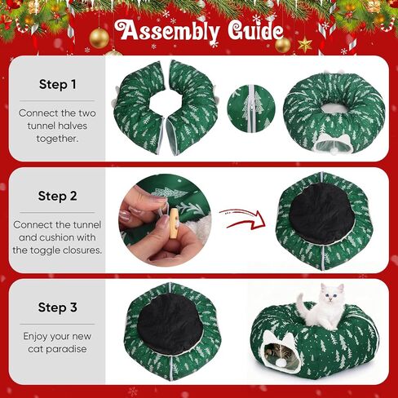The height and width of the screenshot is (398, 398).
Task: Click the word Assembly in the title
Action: [x=167, y=31]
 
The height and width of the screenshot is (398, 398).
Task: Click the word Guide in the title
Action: [x=255, y=30]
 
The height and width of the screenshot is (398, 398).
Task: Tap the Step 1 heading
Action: [x=57, y=84]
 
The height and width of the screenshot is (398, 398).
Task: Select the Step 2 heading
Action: [x=57, y=196]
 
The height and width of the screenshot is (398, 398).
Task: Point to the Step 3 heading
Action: [x=57, y=307]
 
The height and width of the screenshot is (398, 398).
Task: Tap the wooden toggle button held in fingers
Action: [x=173, y=223]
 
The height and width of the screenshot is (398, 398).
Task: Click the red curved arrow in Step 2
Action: [x=243, y=219]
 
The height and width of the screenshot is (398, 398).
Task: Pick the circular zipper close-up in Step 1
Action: [x=251, y=108]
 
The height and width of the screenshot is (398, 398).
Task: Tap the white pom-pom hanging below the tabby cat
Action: [x=280, y=362]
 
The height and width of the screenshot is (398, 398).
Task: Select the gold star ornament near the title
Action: [x=305, y=45]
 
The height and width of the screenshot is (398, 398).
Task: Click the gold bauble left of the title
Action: [x=99, y=38]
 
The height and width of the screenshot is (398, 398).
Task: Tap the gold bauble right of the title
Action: [x=283, y=45]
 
